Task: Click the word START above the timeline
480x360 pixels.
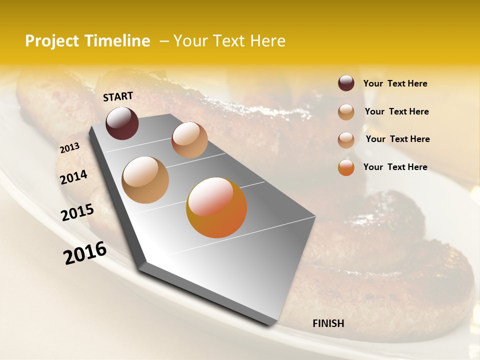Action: coord(118,96)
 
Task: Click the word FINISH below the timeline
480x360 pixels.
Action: coord(328,323)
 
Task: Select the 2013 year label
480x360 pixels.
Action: coord(69,148)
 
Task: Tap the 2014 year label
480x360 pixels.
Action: coord(73,177)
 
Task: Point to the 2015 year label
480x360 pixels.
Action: coord(77,212)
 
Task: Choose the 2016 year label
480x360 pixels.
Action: coord(85,252)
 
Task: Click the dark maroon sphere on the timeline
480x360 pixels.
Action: coord(122,123)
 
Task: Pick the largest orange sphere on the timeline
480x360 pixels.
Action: coord(216,207)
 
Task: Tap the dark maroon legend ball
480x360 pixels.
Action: coord(346,83)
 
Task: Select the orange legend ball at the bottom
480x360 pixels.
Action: coord(346,167)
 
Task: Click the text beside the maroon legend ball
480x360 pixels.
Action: coord(395,83)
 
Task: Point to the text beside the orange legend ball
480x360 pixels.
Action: coord(395,167)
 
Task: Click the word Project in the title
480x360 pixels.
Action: coord(51,41)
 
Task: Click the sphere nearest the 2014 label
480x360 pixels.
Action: coord(145,179)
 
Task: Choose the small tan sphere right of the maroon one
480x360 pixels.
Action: coord(189,140)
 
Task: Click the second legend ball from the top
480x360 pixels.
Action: coord(346,112)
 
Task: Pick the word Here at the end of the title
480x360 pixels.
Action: coord(267,41)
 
